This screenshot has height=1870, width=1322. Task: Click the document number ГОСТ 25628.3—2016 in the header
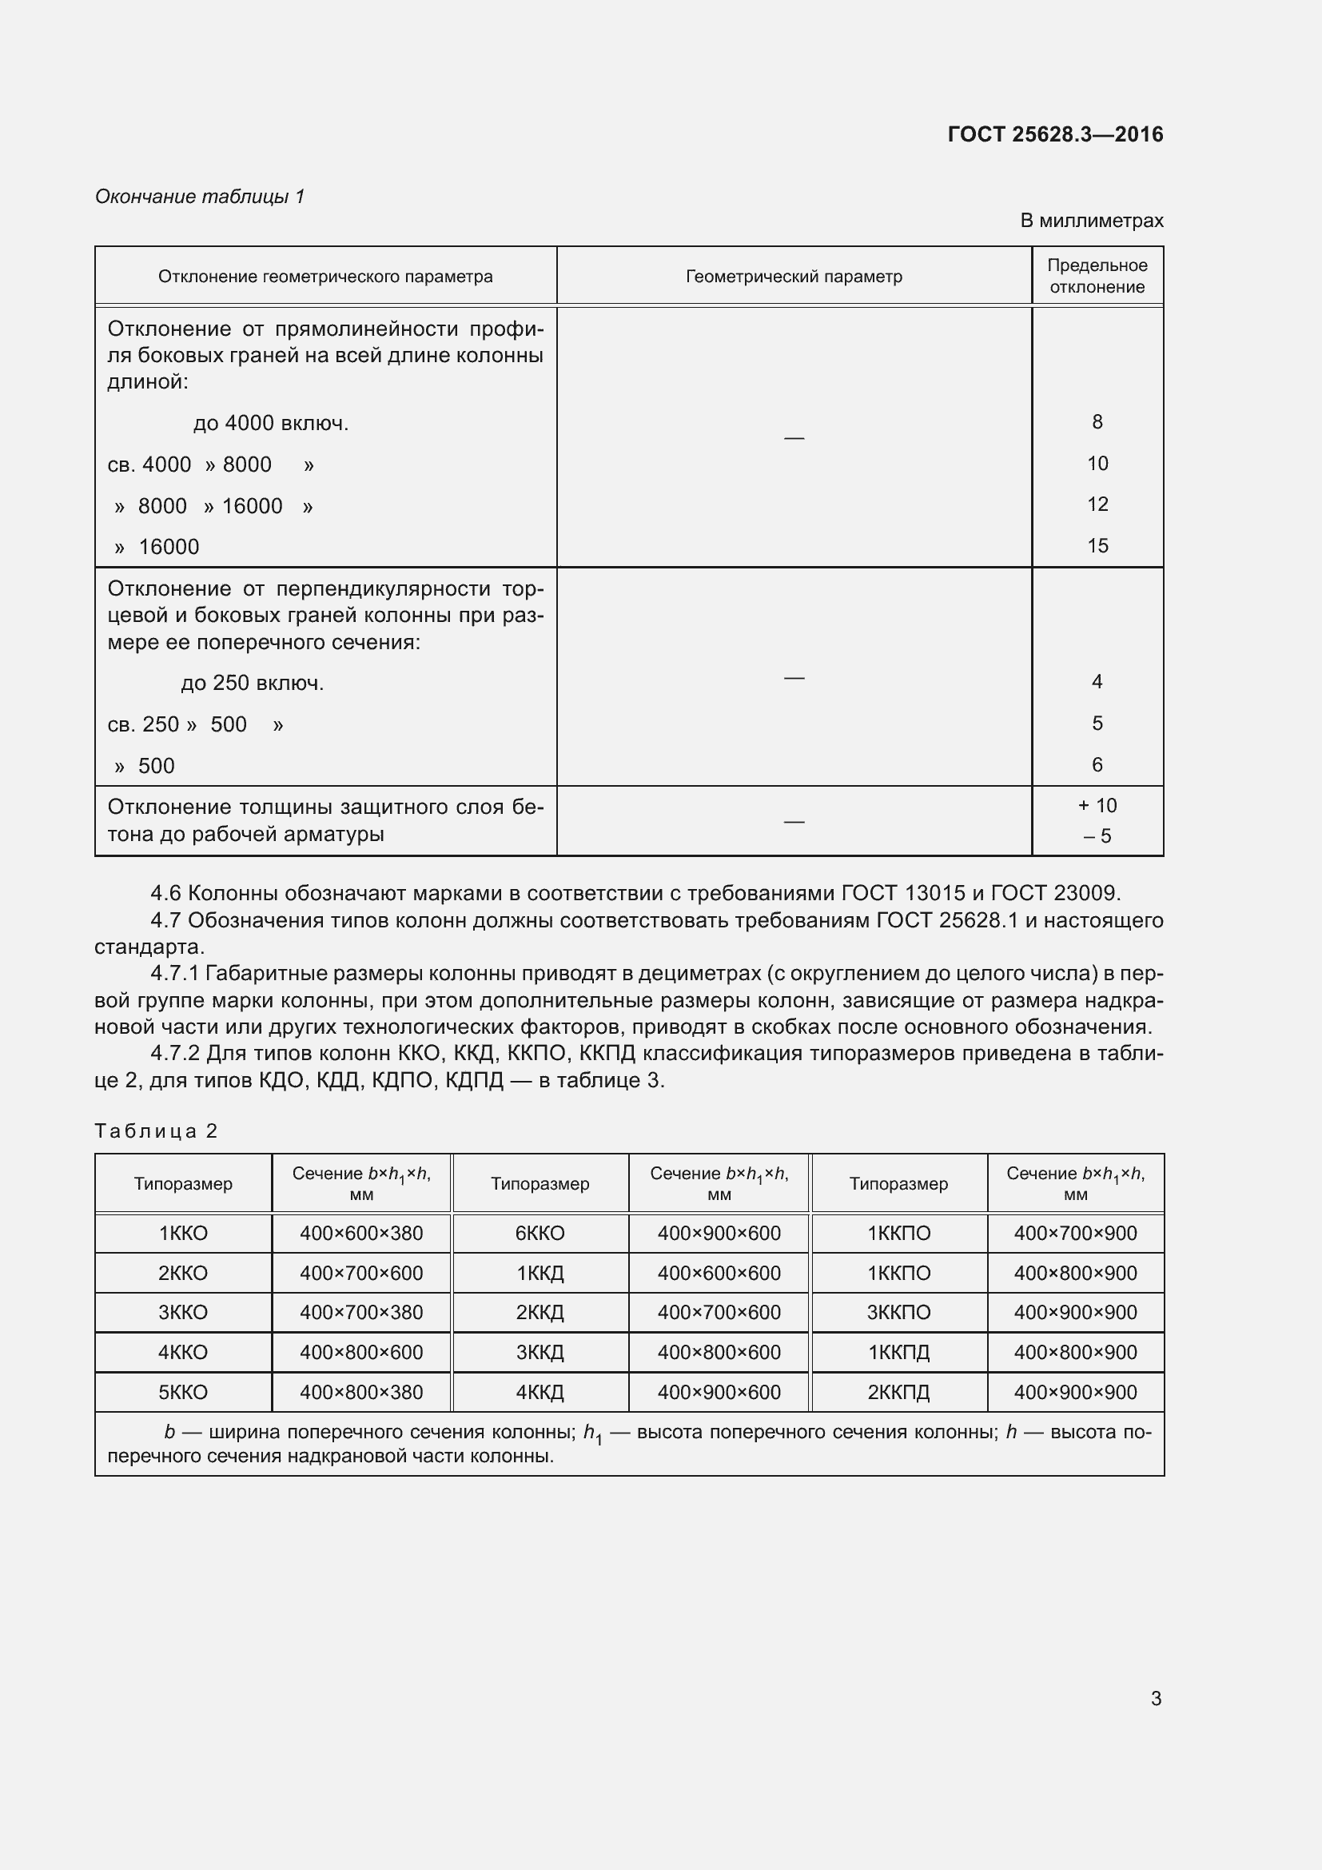pos(1055,134)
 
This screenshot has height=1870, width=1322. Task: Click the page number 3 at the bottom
pos(1155,1698)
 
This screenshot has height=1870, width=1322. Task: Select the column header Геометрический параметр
pos(794,277)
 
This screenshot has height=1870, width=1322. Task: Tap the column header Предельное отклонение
pos(1097,276)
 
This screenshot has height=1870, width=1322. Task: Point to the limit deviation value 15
pos(1097,546)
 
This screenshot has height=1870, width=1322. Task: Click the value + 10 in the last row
pos(1097,806)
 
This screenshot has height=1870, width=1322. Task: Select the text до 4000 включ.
pos(270,424)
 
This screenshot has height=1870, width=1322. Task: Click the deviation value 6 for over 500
pos(1097,765)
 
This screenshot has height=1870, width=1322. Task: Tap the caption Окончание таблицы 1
pos(200,197)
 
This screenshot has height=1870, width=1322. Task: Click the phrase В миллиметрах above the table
pos(1091,221)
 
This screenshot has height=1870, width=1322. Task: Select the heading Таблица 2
pos(156,1130)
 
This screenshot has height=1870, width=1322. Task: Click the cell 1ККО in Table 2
pos(183,1233)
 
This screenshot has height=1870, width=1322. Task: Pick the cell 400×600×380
pos(360,1233)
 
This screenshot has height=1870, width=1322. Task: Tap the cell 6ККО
pos(540,1233)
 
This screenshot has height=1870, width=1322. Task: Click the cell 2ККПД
pos(898,1392)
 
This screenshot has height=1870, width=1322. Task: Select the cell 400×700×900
pos(1074,1233)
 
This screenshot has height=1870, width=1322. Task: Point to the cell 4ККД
pos(540,1392)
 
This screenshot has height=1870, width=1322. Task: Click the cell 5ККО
pos(183,1392)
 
